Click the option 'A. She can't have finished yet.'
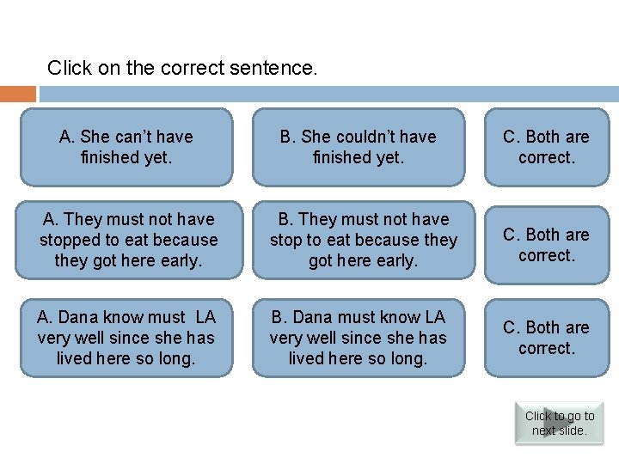(x=126, y=147)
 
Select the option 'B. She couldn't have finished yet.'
(x=358, y=147)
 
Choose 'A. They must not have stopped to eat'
(x=128, y=240)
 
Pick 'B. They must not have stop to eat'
(x=363, y=240)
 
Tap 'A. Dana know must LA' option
(x=126, y=338)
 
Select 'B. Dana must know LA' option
(x=358, y=338)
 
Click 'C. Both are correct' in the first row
(x=546, y=147)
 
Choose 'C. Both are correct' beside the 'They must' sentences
(x=546, y=245)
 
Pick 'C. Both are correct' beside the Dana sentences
(x=546, y=338)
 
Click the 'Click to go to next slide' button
(x=559, y=423)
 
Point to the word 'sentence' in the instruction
(x=280, y=68)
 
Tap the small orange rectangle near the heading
(x=18, y=94)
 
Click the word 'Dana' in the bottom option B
(x=316, y=317)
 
